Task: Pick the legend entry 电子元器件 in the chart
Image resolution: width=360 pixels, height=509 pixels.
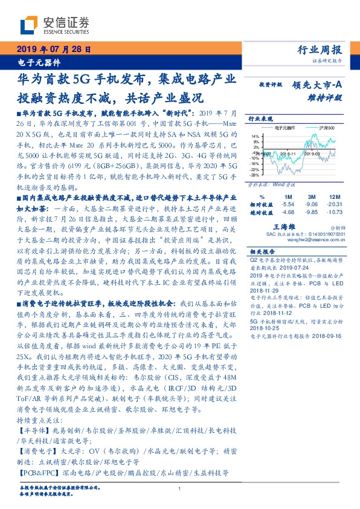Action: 286,129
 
